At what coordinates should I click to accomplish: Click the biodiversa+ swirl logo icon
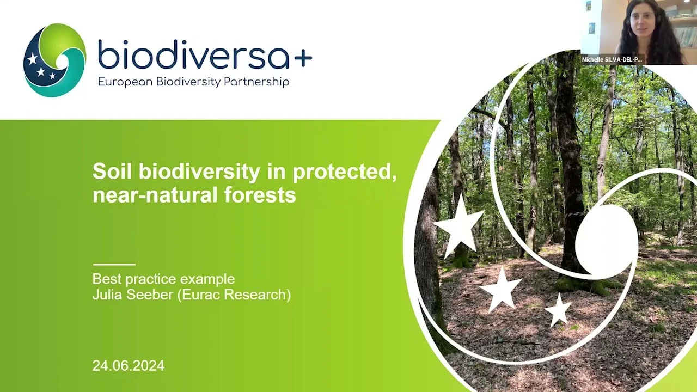point(55,60)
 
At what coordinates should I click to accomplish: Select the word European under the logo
point(125,82)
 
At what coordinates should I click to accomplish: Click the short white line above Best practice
point(114,265)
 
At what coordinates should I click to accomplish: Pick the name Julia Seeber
point(132,295)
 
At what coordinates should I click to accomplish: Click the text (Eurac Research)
point(234,295)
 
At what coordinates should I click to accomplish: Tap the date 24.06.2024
point(128,365)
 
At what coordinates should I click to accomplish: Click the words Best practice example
point(163,279)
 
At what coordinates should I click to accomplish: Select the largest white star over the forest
point(459,226)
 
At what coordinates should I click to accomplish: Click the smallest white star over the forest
point(558,310)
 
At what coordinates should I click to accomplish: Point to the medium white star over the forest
point(501,290)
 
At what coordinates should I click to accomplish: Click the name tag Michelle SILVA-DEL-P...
point(612,60)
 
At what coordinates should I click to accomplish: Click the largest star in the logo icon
point(32,58)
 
